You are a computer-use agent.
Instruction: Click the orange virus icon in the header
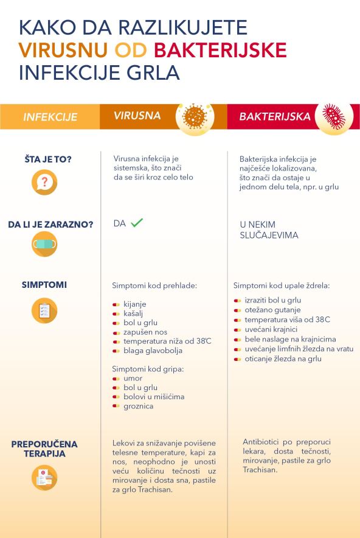tap(195, 116)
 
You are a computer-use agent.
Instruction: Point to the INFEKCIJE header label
tap(50, 117)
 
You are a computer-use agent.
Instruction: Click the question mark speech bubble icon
tap(44, 182)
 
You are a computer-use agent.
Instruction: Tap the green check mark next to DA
tap(137, 223)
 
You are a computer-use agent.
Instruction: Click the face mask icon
tap(44, 245)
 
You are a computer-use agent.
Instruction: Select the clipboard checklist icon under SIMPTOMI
tap(44, 310)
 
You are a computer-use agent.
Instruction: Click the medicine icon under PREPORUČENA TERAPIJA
tap(44, 477)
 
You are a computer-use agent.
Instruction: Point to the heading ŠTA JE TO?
tap(44, 159)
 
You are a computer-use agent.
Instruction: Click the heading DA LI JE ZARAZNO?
tap(50, 225)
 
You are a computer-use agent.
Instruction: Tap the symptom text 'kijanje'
tap(134, 304)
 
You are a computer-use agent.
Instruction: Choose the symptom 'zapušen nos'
tap(144, 332)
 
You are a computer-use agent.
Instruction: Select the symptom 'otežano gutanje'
tap(272, 310)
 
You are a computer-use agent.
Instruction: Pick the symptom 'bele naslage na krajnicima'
tap(290, 339)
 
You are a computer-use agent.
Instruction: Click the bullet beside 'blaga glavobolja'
tap(116, 351)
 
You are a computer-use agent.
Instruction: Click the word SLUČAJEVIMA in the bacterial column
tap(269, 236)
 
